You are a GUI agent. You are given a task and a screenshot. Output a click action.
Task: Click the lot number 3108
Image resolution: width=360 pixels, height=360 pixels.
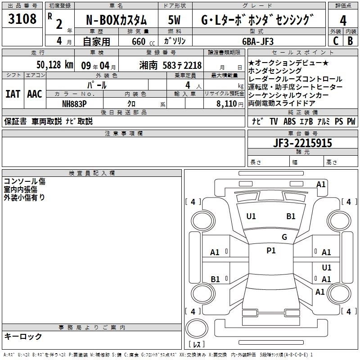click(x=22, y=19)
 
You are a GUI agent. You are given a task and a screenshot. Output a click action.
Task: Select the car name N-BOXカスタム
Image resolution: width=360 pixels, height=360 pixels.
click(x=116, y=20)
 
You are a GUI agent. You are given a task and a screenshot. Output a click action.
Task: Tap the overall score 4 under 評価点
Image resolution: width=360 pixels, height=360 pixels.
click(x=343, y=21)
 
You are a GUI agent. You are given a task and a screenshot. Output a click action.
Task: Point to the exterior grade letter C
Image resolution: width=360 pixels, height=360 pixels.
click(x=336, y=41)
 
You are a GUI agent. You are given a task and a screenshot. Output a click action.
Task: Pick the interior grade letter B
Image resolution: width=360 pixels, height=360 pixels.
click(x=350, y=41)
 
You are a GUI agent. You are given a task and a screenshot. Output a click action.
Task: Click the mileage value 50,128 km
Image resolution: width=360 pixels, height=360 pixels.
click(x=55, y=65)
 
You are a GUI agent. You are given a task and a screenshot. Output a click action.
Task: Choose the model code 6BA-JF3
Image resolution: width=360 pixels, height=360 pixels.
click(x=258, y=41)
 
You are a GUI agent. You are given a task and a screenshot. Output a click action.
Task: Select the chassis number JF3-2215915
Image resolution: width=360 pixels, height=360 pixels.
click(x=302, y=143)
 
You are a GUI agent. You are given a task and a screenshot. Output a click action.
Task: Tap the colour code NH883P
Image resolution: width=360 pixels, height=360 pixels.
click(x=74, y=104)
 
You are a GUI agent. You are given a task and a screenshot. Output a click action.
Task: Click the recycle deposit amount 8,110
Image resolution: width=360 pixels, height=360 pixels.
click(x=226, y=104)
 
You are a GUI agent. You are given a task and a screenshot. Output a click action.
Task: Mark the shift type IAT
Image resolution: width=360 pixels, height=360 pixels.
click(x=13, y=94)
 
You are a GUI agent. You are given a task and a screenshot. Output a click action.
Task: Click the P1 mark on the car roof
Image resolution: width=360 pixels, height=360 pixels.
click(x=271, y=251)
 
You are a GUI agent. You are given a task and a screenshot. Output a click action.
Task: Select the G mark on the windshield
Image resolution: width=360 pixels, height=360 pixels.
click(x=284, y=237)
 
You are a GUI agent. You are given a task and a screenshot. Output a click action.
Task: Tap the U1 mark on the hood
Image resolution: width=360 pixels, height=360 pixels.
click(x=251, y=216)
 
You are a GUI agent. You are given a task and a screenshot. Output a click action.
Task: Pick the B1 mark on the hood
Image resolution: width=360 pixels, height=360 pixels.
click(x=291, y=216)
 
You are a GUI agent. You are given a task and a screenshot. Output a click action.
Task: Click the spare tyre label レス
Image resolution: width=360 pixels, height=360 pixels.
click(x=197, y=344)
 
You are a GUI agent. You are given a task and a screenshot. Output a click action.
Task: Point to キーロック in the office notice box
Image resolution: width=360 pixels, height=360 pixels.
click(x=23, y=337)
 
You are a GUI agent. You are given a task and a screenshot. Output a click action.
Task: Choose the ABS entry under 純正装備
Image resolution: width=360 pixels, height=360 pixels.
click(x=289, y=121)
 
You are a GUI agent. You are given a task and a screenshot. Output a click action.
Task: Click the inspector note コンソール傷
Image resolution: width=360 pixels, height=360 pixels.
click(x=25, y=181)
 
